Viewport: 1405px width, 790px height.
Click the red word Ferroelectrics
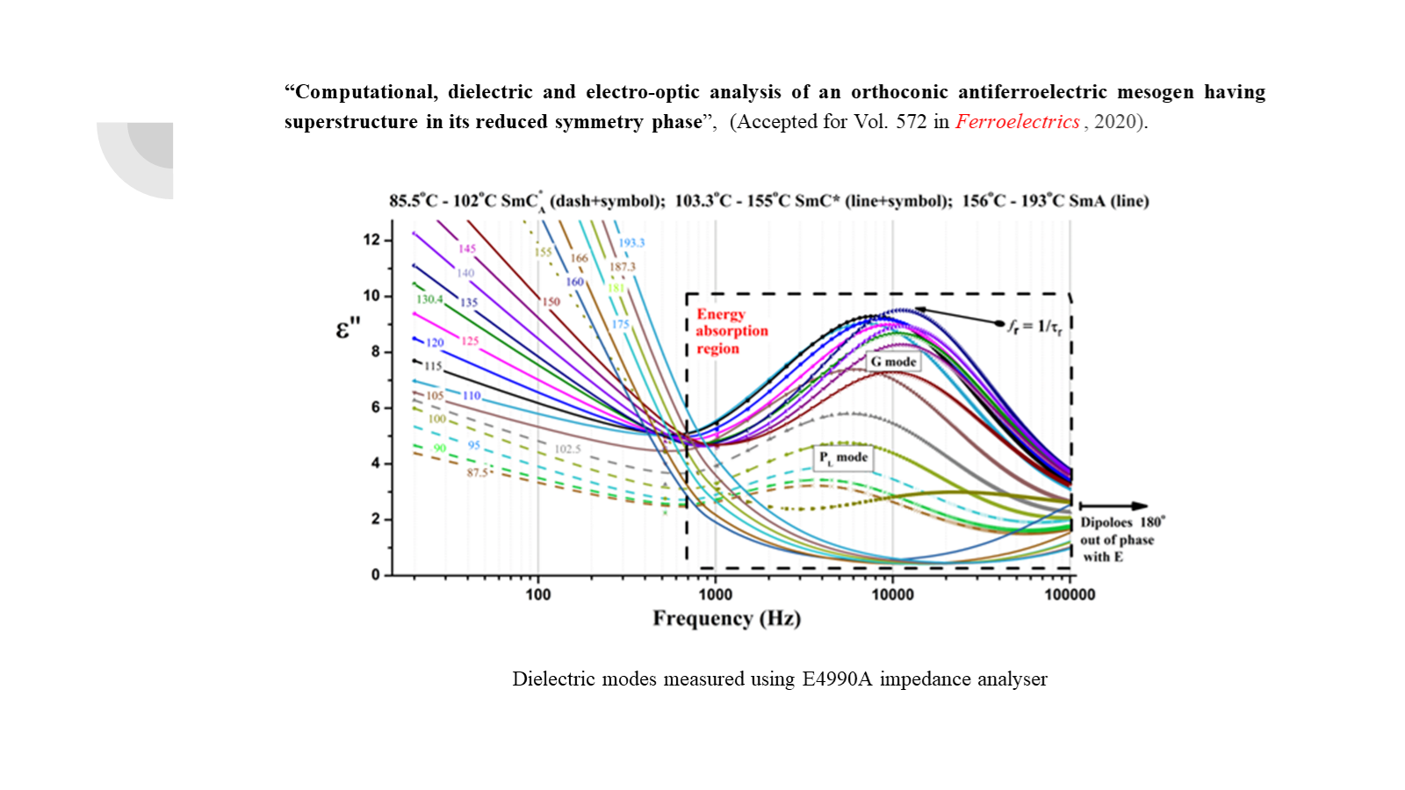[1018, 122]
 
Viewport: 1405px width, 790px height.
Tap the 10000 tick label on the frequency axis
[892, 595]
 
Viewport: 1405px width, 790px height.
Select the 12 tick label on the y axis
[371, 240]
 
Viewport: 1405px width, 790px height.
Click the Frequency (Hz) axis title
[726, 619]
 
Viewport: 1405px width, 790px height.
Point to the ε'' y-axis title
[348, 328]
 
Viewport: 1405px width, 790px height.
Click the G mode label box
[893, 362]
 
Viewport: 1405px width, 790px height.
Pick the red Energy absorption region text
[731, 331]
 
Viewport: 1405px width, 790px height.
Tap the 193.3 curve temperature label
[631, 243]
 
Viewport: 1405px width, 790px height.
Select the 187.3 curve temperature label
[622, 267]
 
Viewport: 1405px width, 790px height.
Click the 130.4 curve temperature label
[429, 299]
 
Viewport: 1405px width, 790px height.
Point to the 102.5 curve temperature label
[567, 449]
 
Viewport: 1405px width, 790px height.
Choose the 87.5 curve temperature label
[477, 473]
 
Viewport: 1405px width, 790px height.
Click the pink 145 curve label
[467, 249]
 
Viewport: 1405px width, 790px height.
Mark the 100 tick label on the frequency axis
[537, 595]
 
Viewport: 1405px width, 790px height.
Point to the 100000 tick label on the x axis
[1070, 595]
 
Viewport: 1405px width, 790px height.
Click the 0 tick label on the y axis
[376, 575]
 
